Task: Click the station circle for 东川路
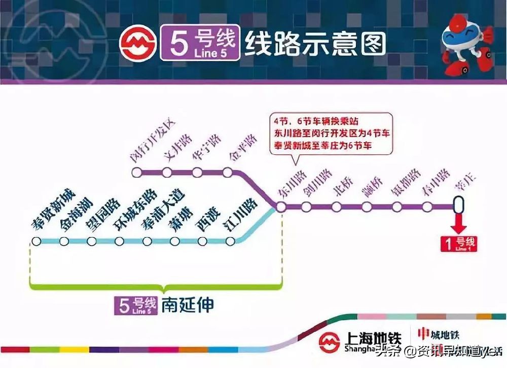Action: point(280,207)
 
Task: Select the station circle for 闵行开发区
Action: point(136,173)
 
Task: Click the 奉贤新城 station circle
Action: point(36,241)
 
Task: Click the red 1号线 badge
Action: point(459,244)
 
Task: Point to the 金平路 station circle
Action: point(228,173)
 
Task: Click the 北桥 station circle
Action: point(336,207)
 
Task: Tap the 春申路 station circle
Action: point(427,207)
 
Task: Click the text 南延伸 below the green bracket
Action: point(188,305)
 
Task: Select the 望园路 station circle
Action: point(91,241)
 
